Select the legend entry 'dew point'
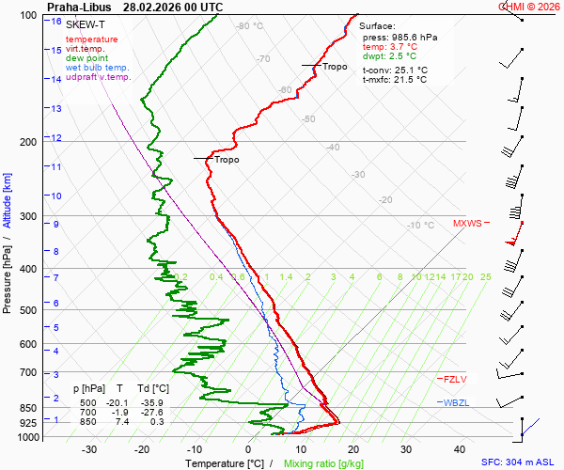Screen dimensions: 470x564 point(86,58)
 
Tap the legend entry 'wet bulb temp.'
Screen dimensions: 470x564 point(97,68)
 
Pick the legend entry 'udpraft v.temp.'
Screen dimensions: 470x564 point(98,77)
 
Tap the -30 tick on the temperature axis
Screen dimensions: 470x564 point(89,449)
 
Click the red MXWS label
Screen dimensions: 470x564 point(466,224)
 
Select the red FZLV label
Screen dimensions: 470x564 point(455,379)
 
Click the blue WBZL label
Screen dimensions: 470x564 point(456,402)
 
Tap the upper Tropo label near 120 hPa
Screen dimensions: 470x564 point(335,67)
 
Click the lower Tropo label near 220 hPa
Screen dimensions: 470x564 point(227,160)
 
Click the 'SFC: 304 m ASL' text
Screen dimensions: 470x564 point(520,462)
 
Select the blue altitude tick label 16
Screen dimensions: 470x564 point(57,22)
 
